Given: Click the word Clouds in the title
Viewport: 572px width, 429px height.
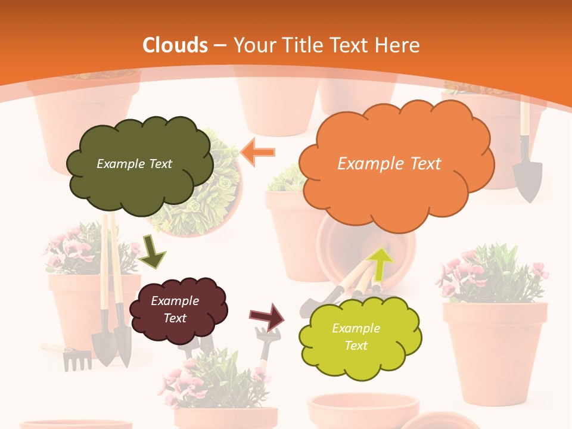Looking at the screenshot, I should coord(175,45).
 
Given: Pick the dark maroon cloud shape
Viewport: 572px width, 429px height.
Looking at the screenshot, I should coord(178,309).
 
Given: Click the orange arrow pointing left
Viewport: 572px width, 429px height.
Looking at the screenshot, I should coord(258,152).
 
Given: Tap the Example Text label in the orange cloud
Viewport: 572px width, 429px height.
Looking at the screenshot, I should coord(389,164).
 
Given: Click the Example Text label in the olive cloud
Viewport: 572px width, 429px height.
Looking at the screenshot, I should coord(134,164).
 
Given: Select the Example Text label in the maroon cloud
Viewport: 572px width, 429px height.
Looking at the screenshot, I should coord(175,309).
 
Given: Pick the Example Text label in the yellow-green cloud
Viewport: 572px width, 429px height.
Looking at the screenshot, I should coord(356,337).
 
